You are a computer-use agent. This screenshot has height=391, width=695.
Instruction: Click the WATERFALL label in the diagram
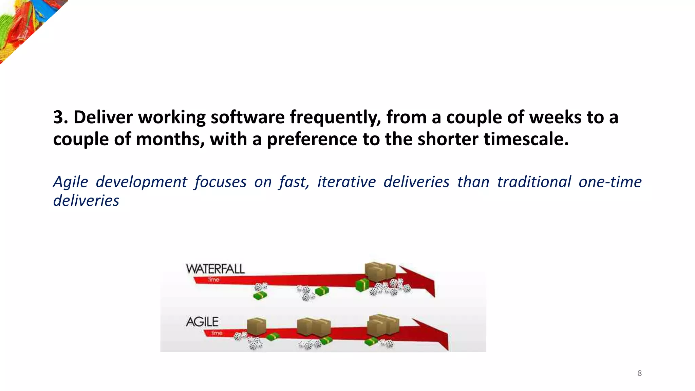click(215, 269)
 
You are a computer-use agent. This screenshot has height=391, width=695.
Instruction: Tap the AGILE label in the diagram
click(202, 322)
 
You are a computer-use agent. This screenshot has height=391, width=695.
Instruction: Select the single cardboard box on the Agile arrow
click(256, 326)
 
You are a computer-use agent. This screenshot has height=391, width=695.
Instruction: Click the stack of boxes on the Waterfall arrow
click(380, 272)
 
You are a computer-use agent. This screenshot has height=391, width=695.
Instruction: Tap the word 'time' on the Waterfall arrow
click(214, 280)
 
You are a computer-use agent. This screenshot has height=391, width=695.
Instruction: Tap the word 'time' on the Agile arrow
click(217, 333)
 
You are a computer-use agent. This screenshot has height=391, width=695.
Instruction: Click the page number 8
click(639, 373)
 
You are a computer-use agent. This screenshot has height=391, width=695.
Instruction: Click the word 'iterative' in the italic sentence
click(346, 182)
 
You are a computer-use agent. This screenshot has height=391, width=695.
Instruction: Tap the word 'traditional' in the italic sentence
click(534, 182)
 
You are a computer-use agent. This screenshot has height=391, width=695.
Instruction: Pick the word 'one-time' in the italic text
click(610, 182)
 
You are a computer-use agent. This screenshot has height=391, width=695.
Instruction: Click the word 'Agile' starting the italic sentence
click(71, 182)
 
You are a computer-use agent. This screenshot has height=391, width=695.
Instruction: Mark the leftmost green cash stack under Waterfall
click(260, 296)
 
